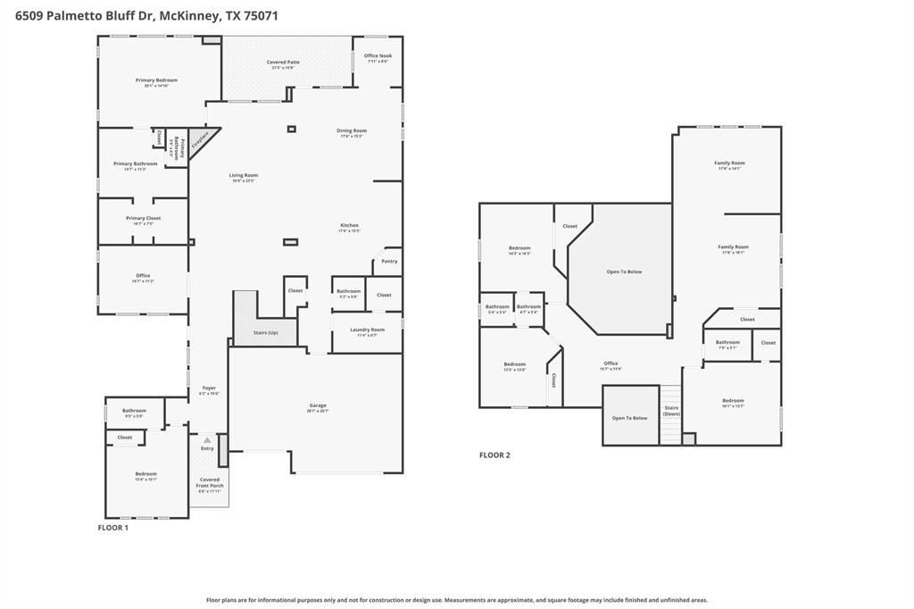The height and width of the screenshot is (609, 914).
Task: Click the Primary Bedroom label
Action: pos(156,80)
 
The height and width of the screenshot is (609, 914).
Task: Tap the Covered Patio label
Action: pos(283,63)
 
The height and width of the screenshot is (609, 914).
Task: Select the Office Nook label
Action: pos(378,55)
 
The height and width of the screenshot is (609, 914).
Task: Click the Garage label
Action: pos(318,406)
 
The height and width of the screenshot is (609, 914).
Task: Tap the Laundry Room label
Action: pos(367,330)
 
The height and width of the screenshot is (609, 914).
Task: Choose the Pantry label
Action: pos(389,261)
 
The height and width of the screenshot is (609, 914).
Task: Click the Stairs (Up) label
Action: pos(266,333)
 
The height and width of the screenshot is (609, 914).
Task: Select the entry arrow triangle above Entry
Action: pos(207,440)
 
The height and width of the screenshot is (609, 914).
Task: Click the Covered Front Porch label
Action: pos(210,483)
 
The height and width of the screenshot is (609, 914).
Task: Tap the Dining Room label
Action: pos(352,131)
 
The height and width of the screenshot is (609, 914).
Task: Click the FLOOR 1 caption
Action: pos(112,528)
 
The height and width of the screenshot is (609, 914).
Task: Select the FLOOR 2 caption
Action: pos(494,455)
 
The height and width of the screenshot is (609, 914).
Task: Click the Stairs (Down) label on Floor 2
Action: pos(671,411)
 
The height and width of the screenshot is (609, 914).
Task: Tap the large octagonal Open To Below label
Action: pos(624,271)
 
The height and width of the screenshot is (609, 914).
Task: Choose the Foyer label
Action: pos(209,388)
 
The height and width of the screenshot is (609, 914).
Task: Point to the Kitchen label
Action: pos(349,225)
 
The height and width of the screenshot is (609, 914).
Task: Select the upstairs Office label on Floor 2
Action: pos(611,363)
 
